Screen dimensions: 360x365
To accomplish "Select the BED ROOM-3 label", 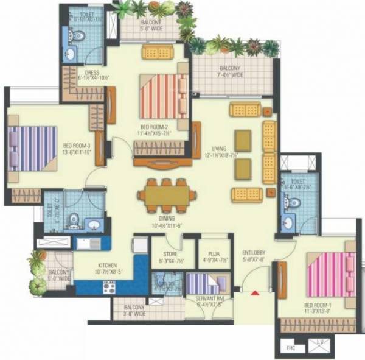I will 77,146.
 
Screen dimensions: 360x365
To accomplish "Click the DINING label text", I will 167,218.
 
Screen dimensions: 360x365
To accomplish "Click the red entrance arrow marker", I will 255,293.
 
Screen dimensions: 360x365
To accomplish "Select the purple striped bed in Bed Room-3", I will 33,147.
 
